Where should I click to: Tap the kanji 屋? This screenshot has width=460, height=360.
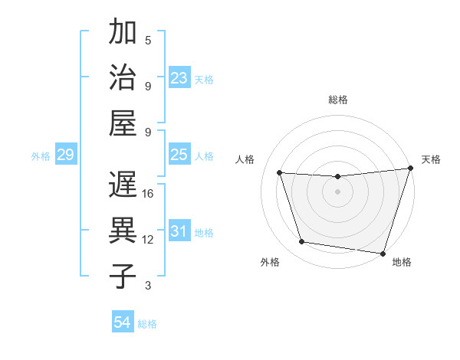[x=123, y=122]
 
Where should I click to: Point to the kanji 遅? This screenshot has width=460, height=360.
[x=123, y=185]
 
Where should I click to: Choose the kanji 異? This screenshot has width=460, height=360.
[x=123, y=231]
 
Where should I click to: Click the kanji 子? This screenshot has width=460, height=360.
[x=123, y=276]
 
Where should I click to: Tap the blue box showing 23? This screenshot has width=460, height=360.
[x=179, y=78]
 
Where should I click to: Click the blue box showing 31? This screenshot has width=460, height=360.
[x=179, y=231]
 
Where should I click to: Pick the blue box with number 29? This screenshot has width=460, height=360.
[x=65, y=155]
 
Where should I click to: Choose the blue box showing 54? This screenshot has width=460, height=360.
[x=123, y=322]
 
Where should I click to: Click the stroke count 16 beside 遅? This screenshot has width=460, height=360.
[x=148, y=194]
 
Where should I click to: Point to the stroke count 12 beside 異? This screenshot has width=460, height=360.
[x=148, y=240]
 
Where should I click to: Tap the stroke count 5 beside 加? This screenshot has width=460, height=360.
[x=148, y=41]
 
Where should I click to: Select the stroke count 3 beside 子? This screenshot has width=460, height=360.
[x=148, y=286]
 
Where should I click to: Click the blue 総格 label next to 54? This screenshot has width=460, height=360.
[x=147, y=324]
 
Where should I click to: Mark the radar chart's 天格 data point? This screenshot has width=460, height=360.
[x=410, y=169]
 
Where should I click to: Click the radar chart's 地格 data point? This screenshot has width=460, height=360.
[x=382, y=252]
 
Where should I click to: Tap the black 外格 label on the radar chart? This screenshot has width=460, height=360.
[x=270, y=262]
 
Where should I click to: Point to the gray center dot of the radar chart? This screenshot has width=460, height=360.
[x=337, y=191]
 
